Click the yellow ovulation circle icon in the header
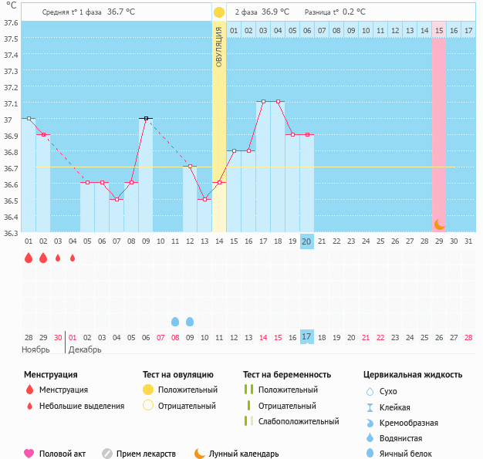point(219,12)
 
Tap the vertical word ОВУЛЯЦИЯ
point(219,46)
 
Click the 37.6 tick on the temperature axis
point(12,22)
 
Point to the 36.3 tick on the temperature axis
point(12,232)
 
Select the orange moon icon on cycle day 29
point(439,224)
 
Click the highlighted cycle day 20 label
point(307,241)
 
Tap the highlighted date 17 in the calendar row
point(307,337)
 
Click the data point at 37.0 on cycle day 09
point(145,118)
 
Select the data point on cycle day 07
point(117,199)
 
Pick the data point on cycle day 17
point(263,102)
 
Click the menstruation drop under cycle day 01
point(29,258)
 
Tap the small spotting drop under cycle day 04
point(73,258)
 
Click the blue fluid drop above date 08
point(175,321)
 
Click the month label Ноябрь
point(35,349)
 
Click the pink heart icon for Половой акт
point(29,454)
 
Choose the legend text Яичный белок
point(411,454)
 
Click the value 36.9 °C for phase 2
point(275,12)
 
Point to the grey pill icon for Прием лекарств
point(107,454)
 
